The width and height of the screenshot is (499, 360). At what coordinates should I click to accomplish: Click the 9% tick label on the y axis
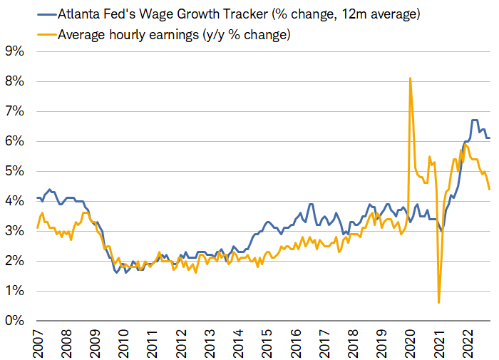coord(15,51)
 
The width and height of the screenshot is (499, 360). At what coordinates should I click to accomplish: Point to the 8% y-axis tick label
coord(15,81)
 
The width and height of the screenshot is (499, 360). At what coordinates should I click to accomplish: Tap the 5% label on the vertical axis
coord(15,171)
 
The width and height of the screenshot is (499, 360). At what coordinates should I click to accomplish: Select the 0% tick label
coord(15,321)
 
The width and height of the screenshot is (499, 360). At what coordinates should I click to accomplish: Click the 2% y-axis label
coord(15,261)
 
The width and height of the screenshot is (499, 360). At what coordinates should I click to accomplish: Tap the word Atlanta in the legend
coord(80,14)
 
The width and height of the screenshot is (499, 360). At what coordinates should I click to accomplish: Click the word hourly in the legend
coord(128,34)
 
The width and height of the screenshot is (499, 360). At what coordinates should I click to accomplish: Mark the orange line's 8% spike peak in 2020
coord(410,78)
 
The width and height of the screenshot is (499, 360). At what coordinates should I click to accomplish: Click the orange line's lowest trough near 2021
coord(438,302)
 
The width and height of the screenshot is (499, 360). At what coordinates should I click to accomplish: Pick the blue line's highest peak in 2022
coord(474,120)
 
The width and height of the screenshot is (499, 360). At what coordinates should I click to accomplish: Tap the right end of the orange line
coord(489,189)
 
